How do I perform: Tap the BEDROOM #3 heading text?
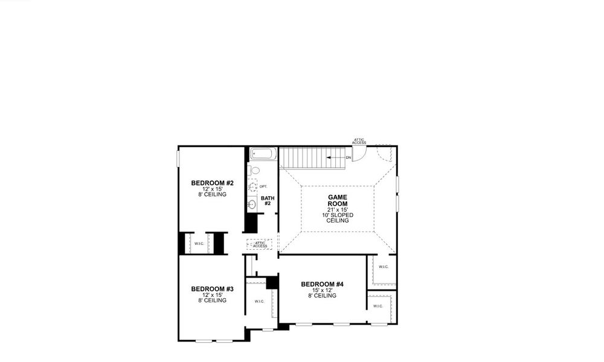(212, 288)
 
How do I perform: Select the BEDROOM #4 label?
(322, 284)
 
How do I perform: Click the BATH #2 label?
(267, 200)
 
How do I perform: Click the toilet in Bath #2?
(253, 171)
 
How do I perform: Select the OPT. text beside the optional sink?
(263, 186)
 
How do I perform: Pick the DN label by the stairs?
(349, 158)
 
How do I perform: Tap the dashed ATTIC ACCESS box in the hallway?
(260, 244)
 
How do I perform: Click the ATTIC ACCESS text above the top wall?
(359, 141)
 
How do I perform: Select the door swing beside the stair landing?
(358, 154)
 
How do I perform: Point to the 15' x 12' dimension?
(322, 290)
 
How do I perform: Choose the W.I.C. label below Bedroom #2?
(199, 244)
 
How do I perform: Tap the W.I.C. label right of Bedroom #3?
(259, 302)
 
